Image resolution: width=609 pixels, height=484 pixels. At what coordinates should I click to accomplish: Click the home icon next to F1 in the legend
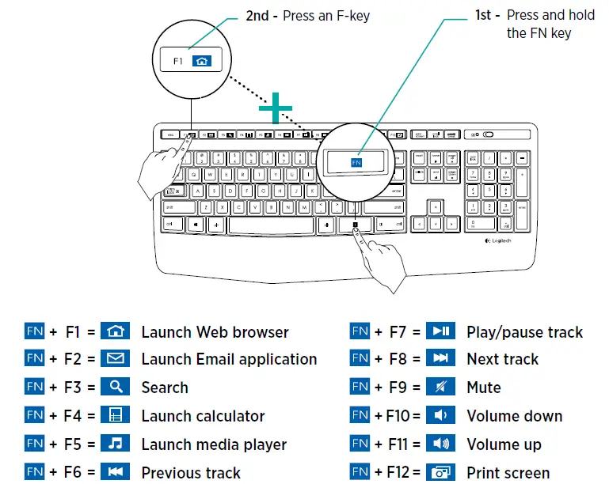pyautogui.click(x=116, y=331)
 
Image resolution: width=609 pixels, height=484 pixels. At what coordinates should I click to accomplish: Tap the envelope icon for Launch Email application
pyautogui.click(x=116, y=359)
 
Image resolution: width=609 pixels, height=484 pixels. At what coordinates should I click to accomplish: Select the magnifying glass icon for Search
pyautogui.click(x=116, y=387)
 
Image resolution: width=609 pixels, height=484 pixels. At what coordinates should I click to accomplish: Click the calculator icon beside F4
pyautogui.click(x=116, y=415)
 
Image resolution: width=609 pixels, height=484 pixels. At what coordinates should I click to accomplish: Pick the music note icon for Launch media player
pyautogui.click(x=116, y=444)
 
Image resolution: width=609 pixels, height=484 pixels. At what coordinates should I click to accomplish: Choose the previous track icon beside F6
pyautogui.click(x=116, y=472)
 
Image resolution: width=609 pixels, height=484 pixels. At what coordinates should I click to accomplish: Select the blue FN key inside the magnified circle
pyautogui.click(x=356, y=162)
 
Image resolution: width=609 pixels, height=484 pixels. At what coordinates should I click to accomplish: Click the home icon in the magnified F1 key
pyautogui.click(x=203, y=60)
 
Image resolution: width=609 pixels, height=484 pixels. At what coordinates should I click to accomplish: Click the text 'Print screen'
pyautogui.click(x=508, y=473)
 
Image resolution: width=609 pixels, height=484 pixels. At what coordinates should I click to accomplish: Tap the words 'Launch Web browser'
pyautogui.click(x=215, y=332)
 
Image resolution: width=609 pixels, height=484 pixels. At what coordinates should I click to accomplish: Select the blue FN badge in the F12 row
pyautogui.click(x=360, y=472)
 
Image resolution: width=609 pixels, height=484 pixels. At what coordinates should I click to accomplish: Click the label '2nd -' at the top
pyautogui.click(x=262, y=15)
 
